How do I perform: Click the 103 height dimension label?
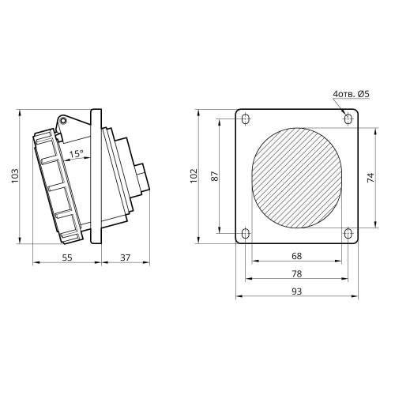click(15, 175)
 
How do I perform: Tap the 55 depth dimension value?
click(67, 258)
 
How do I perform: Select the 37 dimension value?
click(126, 258)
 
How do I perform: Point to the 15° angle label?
click(77, 153)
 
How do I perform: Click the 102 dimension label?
click(194, 175)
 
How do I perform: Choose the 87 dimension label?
click(215, 176)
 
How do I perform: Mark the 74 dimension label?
click(371, 178)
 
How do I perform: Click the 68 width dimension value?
click(297, 256)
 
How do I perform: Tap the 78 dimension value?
click(297, 273)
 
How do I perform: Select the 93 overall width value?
click(297, 292)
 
